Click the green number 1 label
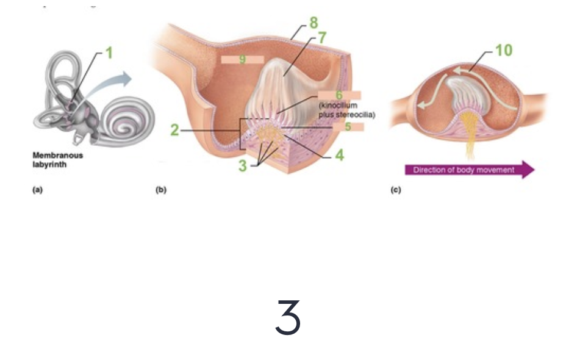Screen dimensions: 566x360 [109, 53]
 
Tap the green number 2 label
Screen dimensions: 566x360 [174, 131]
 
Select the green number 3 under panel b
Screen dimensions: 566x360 [243, 166]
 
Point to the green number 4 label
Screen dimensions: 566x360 [339, 156]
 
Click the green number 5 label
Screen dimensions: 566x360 [348, 127]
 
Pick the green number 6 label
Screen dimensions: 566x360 [340, 95]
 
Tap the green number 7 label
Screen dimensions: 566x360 [322, 38]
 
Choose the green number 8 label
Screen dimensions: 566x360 [313, 23]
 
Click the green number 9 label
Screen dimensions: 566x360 [242, 60]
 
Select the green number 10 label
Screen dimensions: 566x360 [504, 50]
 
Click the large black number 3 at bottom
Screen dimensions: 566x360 [288, 318]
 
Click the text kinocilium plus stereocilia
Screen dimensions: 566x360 [346, 110]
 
